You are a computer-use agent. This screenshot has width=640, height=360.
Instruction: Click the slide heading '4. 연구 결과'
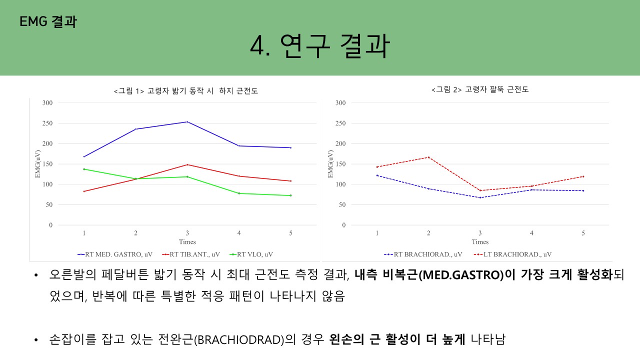point(319,47)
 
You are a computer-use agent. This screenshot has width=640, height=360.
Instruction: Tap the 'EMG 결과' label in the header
point(48,21)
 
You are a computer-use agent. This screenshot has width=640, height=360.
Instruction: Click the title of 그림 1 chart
point(185,91)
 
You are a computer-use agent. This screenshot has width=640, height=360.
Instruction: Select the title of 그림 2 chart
point(480,89)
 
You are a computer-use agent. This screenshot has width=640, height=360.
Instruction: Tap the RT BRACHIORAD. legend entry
point(423,254)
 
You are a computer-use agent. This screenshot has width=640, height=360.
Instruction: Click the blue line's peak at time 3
point(187,122)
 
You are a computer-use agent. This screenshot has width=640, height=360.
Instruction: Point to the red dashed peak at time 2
point(428,157)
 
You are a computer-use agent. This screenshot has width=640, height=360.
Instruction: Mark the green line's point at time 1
point(84,169)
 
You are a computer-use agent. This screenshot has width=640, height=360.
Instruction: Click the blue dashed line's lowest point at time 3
point(480,197)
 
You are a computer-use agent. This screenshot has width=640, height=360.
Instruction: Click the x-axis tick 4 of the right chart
point(531,233)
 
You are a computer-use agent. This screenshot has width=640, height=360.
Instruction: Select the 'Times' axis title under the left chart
point(187,242)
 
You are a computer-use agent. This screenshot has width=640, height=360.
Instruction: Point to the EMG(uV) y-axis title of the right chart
point(330,164)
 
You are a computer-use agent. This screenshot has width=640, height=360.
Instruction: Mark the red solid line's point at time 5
point(290,181)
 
